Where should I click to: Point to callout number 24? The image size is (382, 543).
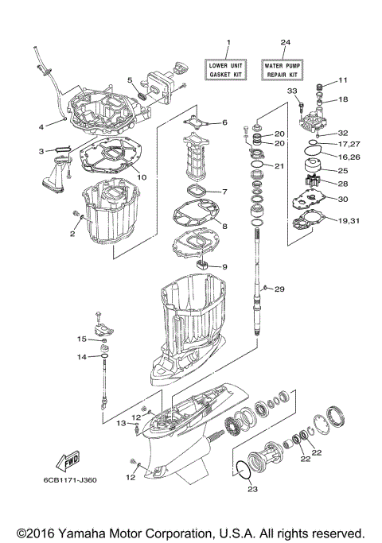285,41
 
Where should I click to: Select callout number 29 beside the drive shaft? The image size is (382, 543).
279,289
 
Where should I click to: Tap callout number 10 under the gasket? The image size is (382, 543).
142,176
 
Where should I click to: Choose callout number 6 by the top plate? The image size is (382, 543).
224,122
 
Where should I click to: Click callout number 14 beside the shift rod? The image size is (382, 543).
81,357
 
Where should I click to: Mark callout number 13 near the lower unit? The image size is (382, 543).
123,425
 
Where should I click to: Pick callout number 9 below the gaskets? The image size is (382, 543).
224,266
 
